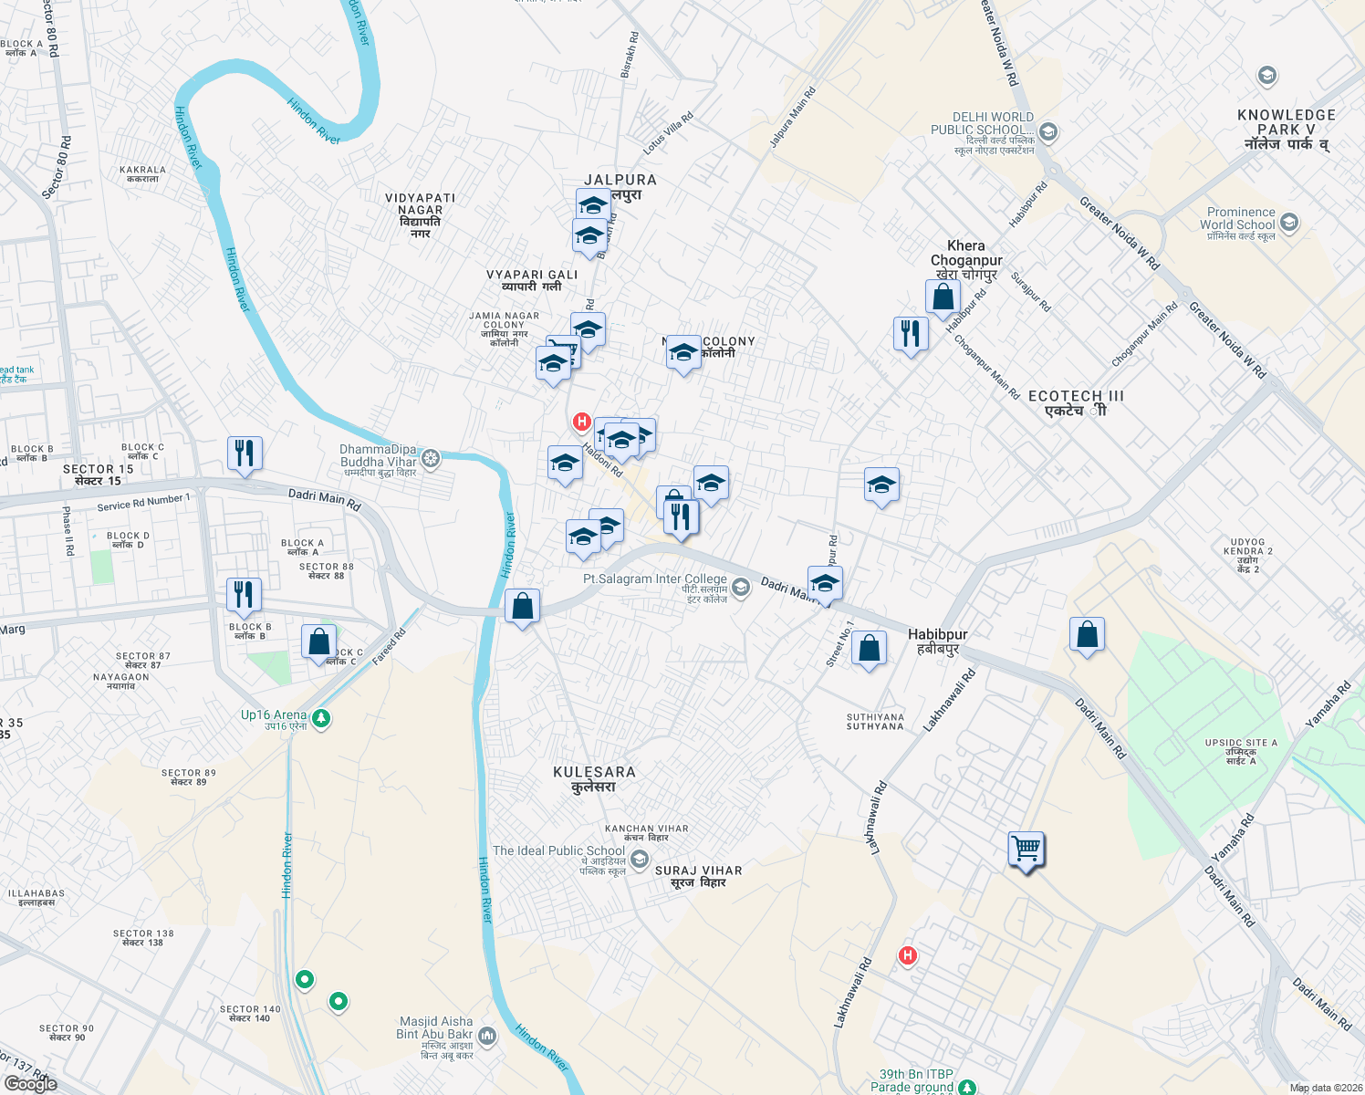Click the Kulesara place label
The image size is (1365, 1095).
coord(594,778)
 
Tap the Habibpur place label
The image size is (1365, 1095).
coord(937,641)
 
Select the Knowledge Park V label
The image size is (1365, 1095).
coord(1287,129)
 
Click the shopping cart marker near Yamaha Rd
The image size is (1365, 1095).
coord(1026,850)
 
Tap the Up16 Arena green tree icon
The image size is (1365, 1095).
coord(320,719)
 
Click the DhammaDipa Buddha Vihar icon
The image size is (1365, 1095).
coord(431,458)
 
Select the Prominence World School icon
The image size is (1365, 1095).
coord(1288,222)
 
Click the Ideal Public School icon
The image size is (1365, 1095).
coord(640,859)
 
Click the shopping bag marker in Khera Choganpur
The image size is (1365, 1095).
coord(943,297)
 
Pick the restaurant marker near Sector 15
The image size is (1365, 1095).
coord(244,454)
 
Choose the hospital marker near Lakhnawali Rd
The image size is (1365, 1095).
coord(907,955)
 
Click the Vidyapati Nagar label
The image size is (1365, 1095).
coord(420,215)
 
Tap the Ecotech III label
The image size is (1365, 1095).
coord(1076,402)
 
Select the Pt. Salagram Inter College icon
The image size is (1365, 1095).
coord(741,587)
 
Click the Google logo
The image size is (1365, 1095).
coord(30,1084)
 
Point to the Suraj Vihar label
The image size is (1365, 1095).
coord(698,876)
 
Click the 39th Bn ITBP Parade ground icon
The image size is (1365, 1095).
coord(967,1087)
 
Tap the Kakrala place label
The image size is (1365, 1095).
coord(142,173)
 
